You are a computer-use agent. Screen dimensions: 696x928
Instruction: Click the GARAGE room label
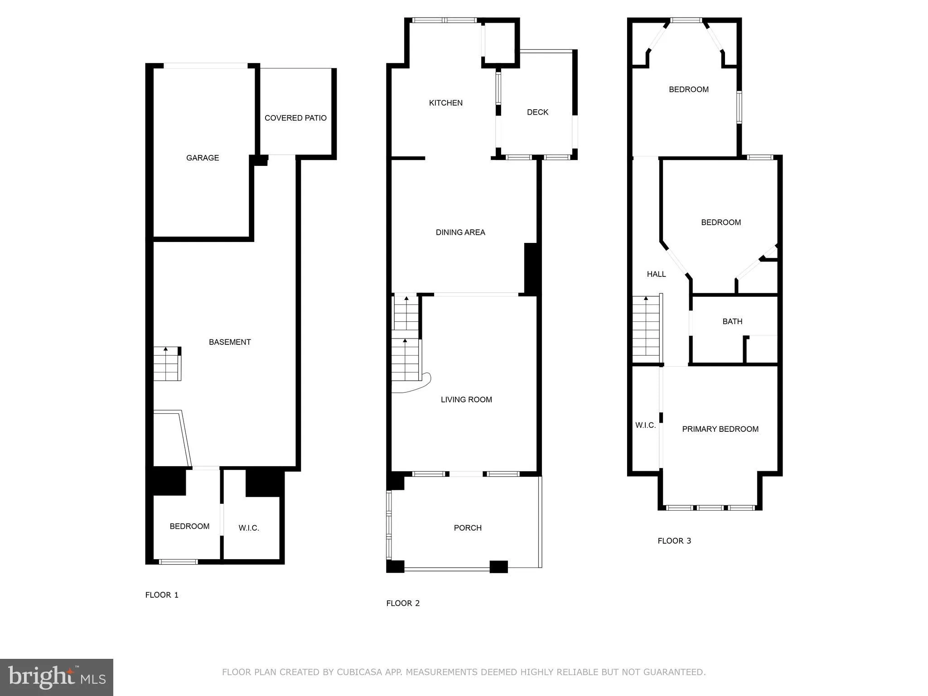[x=203, y=158]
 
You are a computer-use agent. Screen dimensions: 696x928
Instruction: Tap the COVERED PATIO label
[x=295, y=118]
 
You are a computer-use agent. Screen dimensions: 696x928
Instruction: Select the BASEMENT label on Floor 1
[x=230, y=342]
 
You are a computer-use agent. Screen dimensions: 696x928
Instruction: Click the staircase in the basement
[x=167, y=364]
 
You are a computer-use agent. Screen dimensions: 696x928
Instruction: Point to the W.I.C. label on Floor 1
[x=249, y=528]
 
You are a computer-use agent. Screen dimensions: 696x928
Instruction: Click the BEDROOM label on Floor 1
[x=189, y=526]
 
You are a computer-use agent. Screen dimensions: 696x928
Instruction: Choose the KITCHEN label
[x=446, y=103]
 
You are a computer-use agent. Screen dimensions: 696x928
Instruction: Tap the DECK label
[x=537, y=112]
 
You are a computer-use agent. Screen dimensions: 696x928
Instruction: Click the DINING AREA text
[x=460, y=232]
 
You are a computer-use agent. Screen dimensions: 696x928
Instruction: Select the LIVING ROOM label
[x=466, y=400]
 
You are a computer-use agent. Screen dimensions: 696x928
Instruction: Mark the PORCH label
[x=468, y=528]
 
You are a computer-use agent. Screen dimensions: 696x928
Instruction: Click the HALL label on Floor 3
[x=656, y=274]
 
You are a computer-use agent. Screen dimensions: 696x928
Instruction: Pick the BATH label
[x=732, y=321]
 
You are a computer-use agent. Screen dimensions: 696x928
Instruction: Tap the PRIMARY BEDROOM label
[x=720, y=429]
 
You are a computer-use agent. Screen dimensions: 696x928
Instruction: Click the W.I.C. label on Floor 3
[x=645, y=425]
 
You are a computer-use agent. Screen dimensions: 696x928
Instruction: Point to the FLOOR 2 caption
[x=403, y=603]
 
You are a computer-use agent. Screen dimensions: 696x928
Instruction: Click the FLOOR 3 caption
[x=674, y=541]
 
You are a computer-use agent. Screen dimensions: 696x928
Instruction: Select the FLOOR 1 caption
[x=162, y=595]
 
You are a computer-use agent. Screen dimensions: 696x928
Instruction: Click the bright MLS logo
[x=57, y=677]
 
